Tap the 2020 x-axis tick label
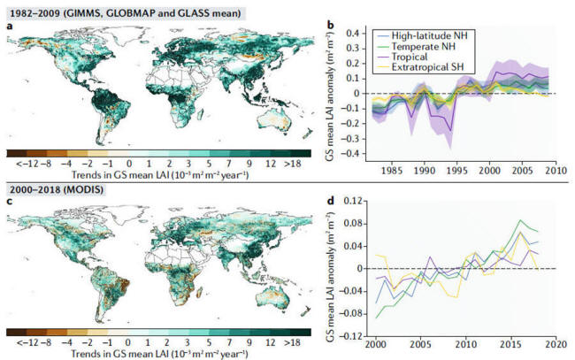click(556, 343)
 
